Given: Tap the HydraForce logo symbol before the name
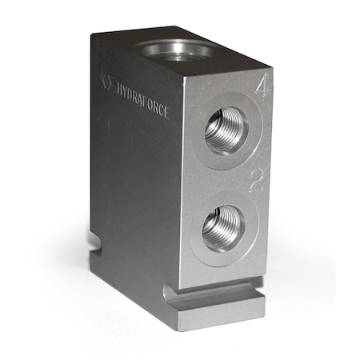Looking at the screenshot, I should (107, 80).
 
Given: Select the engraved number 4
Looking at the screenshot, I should (260, 86).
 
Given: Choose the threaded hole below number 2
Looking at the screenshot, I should (222, 227).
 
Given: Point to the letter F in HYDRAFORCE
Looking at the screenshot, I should (145, 98).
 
